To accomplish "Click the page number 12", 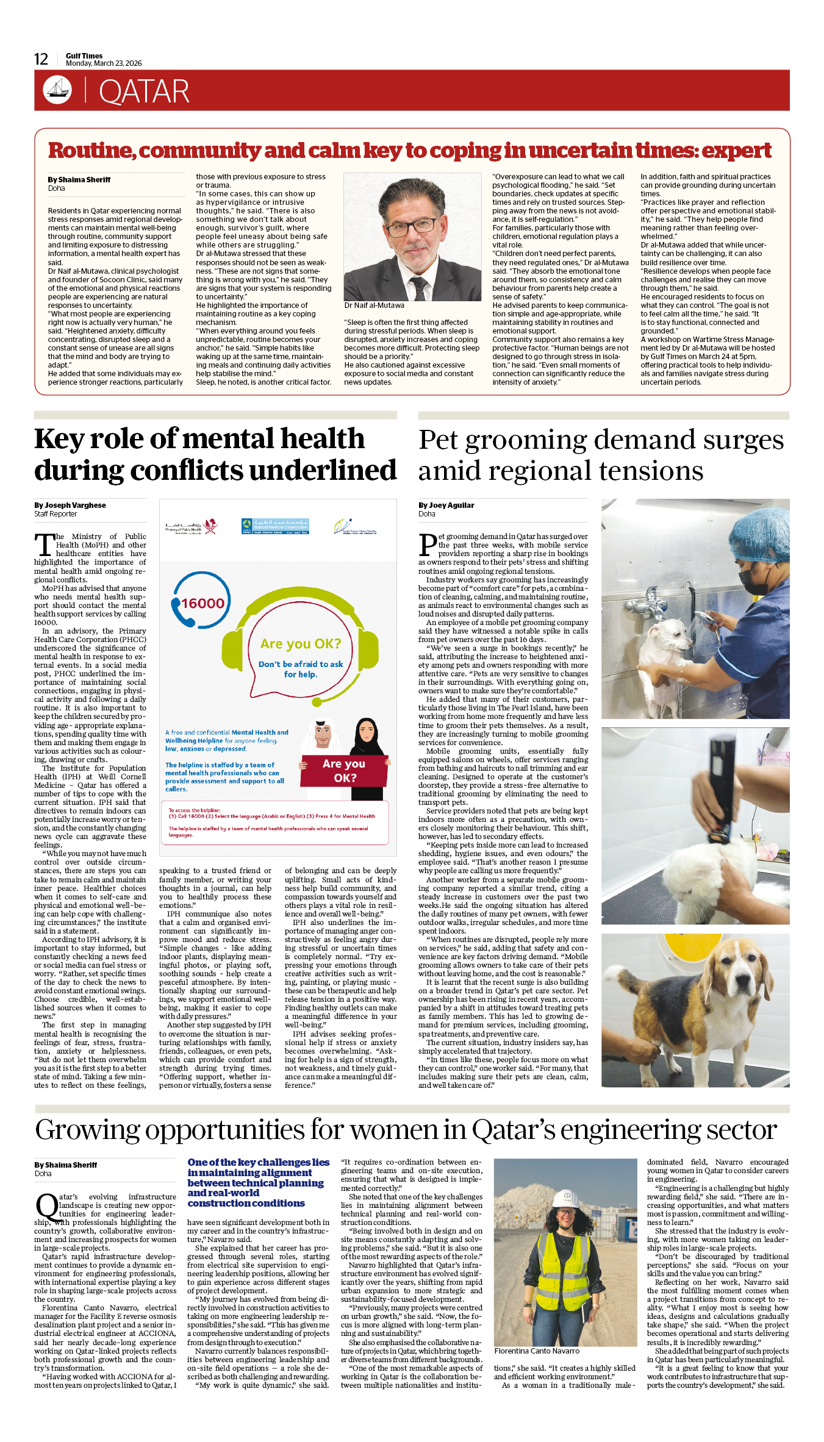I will click(x=41, y=59).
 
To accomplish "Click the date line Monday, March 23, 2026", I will click(x=104, y=63).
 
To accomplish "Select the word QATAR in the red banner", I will click(x=144, y=91).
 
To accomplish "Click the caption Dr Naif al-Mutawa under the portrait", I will click(x=374, y=305).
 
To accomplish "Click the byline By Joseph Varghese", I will click(x=70, y=505).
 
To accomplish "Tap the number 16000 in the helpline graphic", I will click(x=203, y=604).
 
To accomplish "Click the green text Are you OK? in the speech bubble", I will click(x=301, y=644).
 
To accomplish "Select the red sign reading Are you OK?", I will click(x=345, y=770).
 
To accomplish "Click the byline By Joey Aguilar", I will click(x=446, y=505).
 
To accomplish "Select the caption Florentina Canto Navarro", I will click(x=537, y=1351).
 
